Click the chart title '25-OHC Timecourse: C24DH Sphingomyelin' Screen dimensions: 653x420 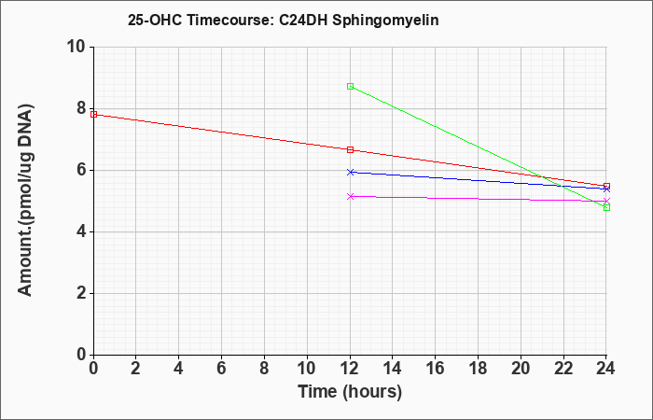click(284, 21)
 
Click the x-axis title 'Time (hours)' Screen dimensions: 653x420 click(350, 392)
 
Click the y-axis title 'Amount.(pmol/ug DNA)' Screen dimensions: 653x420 click(25, 201)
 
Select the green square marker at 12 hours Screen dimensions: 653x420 click(350, 86)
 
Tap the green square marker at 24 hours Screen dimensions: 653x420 click(606, 207)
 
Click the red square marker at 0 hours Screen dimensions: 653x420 click(93, 114)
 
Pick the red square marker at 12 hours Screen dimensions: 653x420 click(350, 149)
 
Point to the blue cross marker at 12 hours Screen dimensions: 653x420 click(350, 172)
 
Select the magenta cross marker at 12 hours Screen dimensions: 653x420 click(350, 196)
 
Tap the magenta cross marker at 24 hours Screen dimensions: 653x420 click(606, 202)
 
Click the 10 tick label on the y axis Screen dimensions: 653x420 click(76, 47)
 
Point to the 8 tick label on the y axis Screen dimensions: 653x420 click(82, 109)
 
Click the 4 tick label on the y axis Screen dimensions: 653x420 click(82, 231)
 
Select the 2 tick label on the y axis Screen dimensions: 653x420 click(82, 293)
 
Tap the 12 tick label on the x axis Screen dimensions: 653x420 click(350, 368)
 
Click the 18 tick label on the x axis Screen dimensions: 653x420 click(479, 368)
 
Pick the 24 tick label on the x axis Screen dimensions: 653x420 click(605, 368)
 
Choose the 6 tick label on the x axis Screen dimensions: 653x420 click(222, 368)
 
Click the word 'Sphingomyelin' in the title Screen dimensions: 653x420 click(385, 21)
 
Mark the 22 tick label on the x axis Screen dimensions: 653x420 click(563, 368)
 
